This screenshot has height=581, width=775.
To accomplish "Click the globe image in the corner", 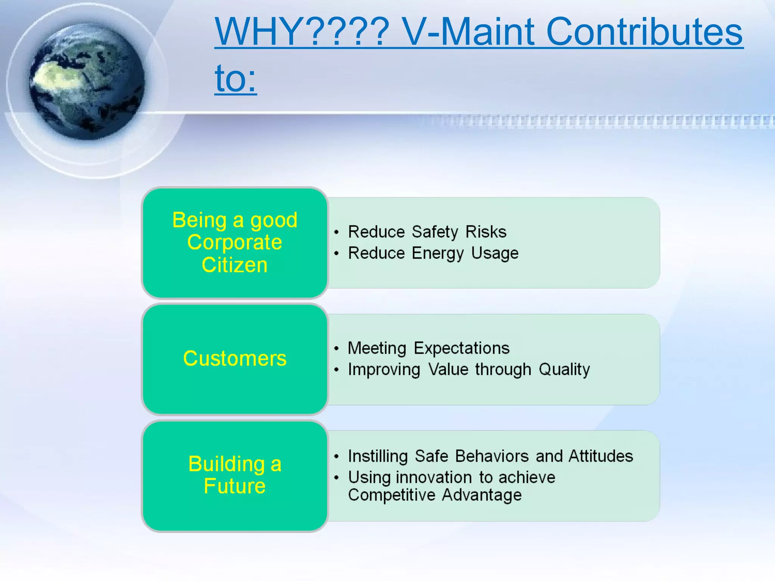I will click(87, 81).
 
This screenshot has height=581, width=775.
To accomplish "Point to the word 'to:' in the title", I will click(235, 79).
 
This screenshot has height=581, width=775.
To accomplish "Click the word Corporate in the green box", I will click(235, 242).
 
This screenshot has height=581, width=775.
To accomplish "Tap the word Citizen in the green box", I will click(235, 265).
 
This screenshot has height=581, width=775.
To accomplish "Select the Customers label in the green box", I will click(235, 358).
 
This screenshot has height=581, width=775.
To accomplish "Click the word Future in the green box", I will click(235, 486).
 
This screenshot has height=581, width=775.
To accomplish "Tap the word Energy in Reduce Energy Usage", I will click(437, 253).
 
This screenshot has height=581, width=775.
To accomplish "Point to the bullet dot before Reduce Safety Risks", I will click(336, 232).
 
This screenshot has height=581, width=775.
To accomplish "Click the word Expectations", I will click(461, 348).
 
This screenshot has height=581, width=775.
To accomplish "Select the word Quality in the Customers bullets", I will click(564, 370).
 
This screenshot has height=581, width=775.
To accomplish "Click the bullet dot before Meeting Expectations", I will click(336, 348).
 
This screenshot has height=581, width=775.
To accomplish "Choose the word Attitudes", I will click(601, 456).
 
